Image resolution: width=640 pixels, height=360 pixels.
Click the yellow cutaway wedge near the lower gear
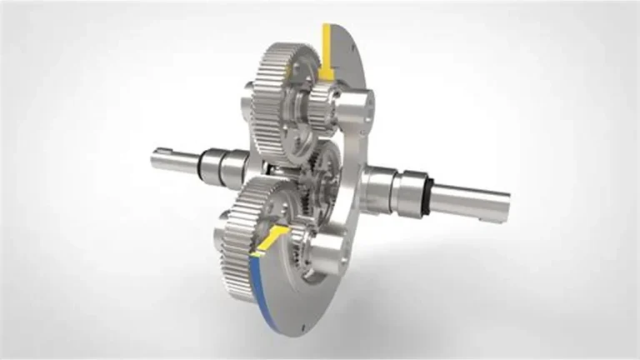tap(271, 237)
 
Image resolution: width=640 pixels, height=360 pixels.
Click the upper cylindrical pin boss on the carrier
tap(354, 103)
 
